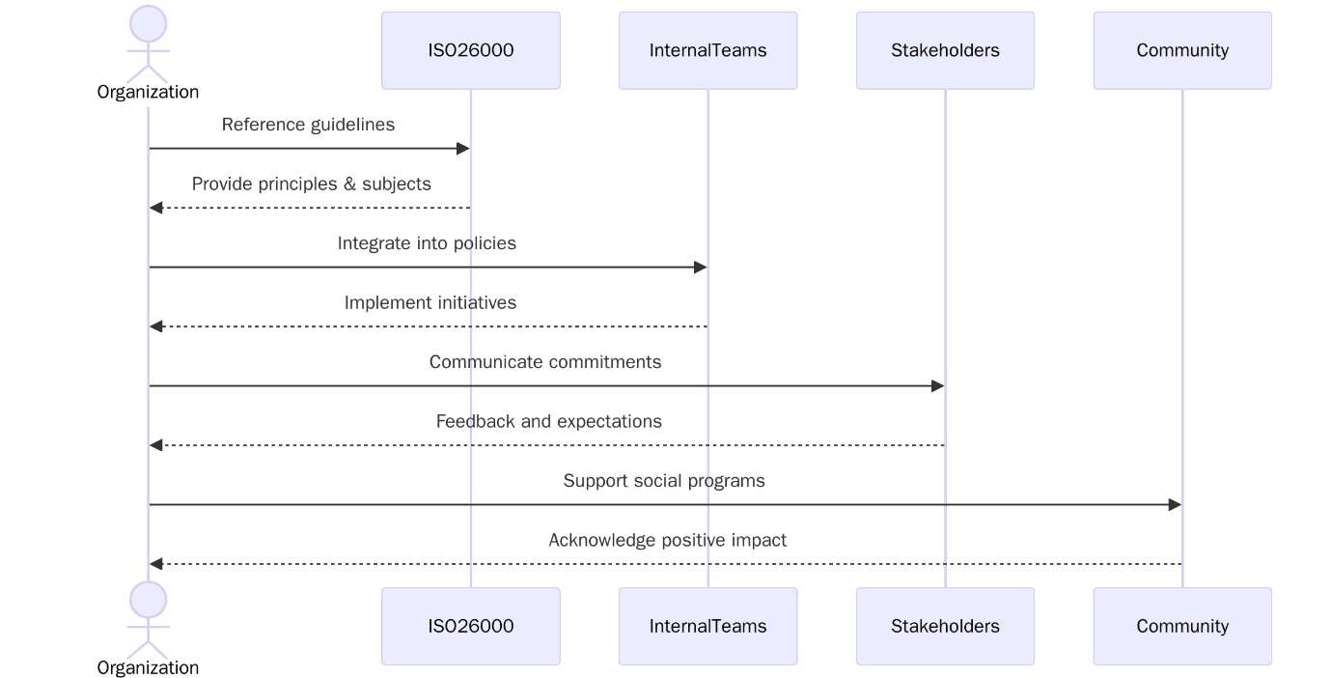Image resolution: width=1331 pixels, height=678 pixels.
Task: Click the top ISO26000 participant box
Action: click(470, 50)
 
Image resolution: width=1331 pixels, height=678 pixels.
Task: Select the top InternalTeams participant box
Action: click(707, 50)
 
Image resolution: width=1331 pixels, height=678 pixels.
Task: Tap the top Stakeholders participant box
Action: click(945, 50)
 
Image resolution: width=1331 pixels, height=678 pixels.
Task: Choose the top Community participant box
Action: click(1181, 50)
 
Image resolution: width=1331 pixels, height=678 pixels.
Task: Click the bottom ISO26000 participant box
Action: click(470, 626)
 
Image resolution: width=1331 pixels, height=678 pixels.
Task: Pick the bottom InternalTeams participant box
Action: click(707, 626)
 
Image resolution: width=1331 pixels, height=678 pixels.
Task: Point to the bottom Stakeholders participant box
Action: click(945, 626)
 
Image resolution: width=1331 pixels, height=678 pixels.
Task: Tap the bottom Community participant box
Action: click(1181, 626)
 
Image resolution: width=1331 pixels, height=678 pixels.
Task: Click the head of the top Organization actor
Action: click(148, 24)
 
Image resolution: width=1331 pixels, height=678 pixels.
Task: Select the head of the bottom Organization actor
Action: click(148, 600)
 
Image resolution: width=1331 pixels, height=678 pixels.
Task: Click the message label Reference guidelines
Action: click(308, 125)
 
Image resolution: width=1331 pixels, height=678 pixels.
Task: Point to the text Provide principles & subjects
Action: click(311, 184)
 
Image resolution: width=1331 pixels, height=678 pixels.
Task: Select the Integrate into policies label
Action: click(427, 243)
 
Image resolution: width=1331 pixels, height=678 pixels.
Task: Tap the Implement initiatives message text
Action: click(430, 302)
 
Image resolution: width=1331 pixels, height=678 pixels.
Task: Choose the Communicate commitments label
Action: click(545, 362)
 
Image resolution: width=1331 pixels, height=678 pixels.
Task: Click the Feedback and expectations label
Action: click(548, 421)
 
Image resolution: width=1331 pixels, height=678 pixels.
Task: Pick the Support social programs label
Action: click(664, 481)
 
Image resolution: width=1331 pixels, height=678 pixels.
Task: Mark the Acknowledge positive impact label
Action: click(667, 540)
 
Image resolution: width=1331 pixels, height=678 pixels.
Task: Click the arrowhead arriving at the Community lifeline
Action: click(1175, 505)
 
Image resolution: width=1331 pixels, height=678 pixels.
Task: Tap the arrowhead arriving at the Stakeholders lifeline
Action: click(937, 386)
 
